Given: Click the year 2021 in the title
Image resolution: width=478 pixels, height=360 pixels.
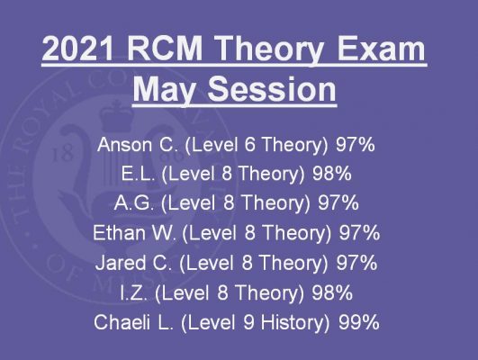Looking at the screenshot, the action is click(77, 49).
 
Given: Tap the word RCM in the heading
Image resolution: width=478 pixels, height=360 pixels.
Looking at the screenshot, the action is click(165, 49).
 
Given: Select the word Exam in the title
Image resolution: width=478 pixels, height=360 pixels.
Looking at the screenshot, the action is click(381, 49).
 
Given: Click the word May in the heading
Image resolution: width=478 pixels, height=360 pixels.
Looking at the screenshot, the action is click(164, 91).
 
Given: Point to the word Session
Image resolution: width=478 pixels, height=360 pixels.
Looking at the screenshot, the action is click(272, 89).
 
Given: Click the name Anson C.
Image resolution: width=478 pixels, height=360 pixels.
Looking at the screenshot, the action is click(138, 145).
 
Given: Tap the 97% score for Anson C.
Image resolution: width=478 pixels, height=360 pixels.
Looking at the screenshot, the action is click(356, 145).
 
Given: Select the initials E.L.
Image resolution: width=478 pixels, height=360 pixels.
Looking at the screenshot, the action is click(138, 174).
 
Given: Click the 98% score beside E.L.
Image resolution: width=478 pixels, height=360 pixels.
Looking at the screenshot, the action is click(332, 174).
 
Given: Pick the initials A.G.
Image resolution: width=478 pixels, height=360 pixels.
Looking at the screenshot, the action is click(134, 203).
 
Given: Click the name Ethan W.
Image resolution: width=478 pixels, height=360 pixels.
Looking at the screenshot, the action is click(134, 233).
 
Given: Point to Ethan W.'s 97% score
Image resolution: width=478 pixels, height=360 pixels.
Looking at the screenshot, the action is click(360, 233).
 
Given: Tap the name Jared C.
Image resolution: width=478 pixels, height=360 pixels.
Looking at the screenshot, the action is click(133, 263).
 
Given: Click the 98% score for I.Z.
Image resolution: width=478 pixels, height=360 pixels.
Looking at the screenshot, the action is click(332, 292).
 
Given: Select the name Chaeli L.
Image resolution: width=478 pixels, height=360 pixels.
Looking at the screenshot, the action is click(133, 322).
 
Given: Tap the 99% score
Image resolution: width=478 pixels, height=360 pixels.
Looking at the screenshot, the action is click(359, 322).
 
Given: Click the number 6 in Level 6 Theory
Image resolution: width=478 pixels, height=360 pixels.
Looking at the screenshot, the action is click(249, 145).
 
